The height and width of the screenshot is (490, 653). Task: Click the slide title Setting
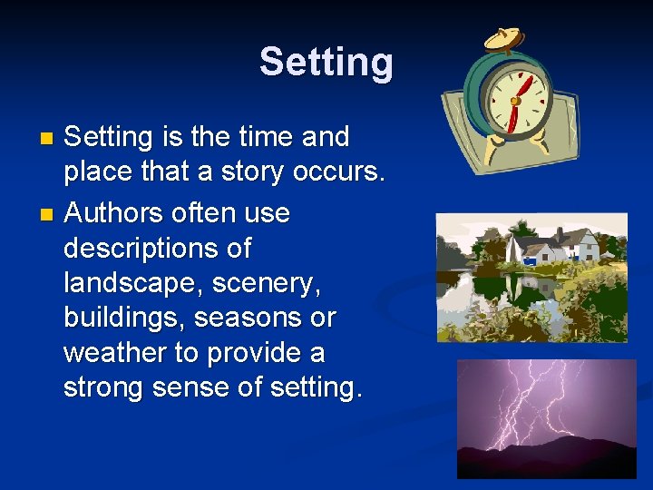326,63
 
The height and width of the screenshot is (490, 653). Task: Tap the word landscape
133,283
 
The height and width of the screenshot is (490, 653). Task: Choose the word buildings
127,318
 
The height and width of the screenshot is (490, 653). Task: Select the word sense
204,387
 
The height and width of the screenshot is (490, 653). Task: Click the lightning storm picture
546,418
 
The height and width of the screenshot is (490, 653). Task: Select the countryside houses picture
531,278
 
